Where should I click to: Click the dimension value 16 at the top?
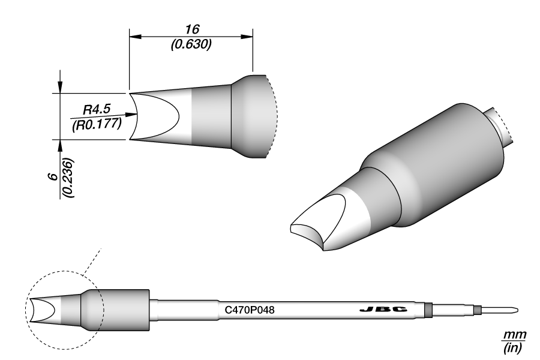[192, 29]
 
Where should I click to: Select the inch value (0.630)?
[191, 44]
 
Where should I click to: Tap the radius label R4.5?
[95, 110]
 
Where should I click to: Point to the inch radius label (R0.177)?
[97, 124]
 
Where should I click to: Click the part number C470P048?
[250, 310]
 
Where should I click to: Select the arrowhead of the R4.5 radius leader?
[133, 114]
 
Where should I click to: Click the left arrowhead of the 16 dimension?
[135, 37]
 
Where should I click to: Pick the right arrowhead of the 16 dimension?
[247, 37]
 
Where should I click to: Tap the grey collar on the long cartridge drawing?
[123, 310]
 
